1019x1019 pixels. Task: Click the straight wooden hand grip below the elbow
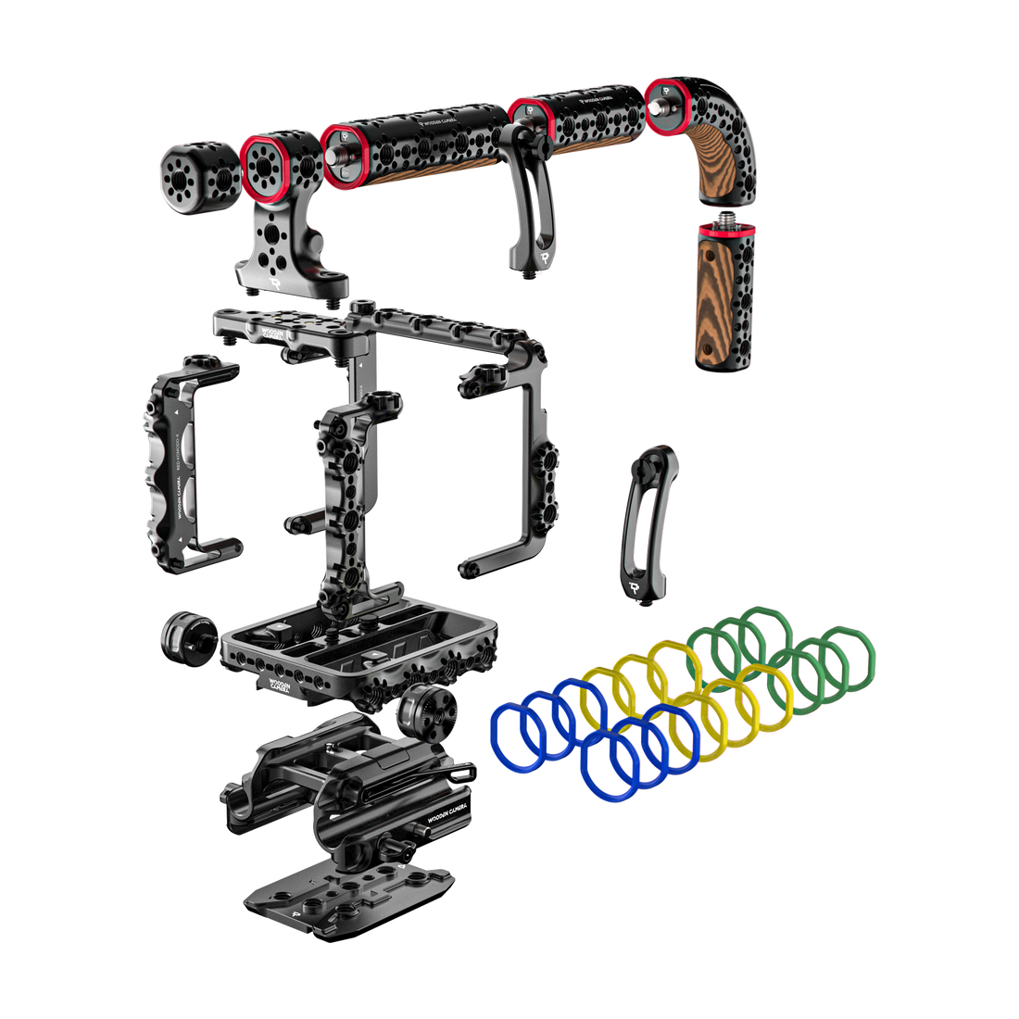point(723,301)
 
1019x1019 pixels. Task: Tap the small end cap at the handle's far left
point(197,178)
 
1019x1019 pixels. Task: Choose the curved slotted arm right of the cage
point(648,523)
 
